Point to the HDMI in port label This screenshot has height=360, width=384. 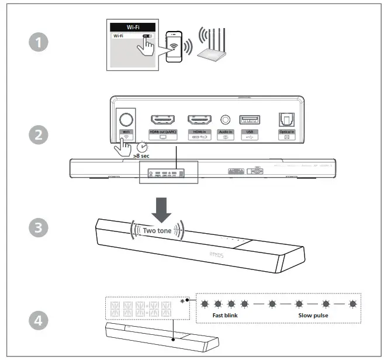pyautogui.click(x=202, y=132)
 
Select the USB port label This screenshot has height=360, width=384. pyautogui.click(x=250, y=132)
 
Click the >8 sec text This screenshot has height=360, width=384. pyautogui.click(x=142, y=157)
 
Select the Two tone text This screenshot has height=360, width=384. pyautogui.click(x=157, y=230)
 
